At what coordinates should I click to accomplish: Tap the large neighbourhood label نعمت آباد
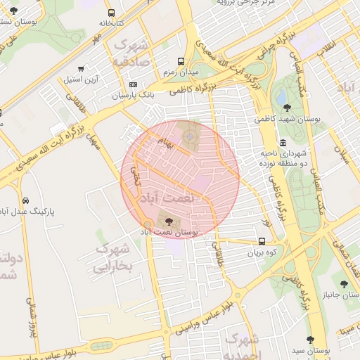point(167,199)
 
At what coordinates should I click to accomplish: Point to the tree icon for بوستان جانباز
point(344,283)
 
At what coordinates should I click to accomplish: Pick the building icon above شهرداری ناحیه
point(283,143)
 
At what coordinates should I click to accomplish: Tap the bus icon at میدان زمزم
point(181,61)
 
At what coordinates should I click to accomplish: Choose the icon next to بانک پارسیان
point(134,84)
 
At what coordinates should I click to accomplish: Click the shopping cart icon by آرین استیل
point(82,69)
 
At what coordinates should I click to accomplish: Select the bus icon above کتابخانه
point(111,13)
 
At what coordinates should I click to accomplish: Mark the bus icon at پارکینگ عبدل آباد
point(25,200)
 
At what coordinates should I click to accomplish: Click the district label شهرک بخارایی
point(112,257)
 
